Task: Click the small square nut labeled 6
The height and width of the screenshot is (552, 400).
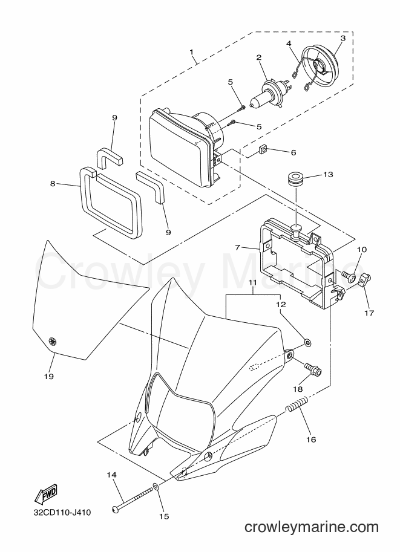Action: coord(262,151)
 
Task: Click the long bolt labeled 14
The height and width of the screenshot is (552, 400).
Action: coord(133,496)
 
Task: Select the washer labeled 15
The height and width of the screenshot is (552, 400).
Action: coord(156,488)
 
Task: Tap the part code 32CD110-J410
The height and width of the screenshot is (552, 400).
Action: coord(62,512)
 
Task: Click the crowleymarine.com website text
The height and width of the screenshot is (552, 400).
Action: coord(312,527)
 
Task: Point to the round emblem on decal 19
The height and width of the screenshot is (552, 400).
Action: coord(53,340)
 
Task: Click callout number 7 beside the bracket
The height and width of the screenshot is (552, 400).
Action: coord(238,247)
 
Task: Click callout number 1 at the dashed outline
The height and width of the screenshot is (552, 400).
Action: coord(191,52)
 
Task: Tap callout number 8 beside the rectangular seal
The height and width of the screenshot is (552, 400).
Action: coord(53,184)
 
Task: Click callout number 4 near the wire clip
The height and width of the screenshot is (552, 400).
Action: coord(289,44)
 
